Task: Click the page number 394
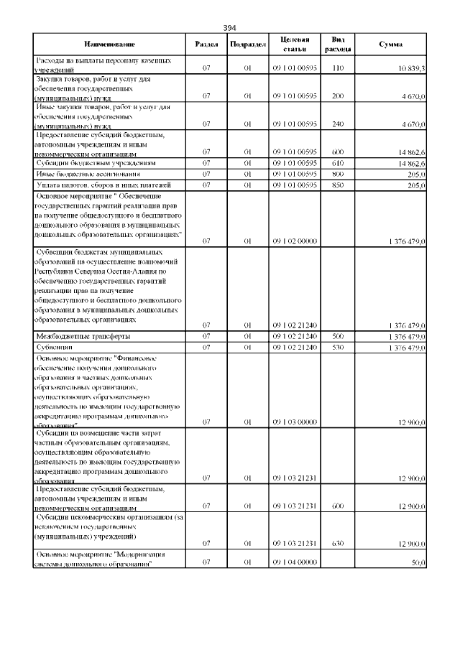pyautogui.click(x=230, y=27)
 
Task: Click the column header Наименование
pyautogui.click(x=109, y=45)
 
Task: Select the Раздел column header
pyautogui.click(x=206, y=45)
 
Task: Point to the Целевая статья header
pyautogui.click(x=295, y=45)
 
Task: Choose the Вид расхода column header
pyautogui.click(x=338, y=45)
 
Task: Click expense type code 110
pyautogui.click(x=338, y=69)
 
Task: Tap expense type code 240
pyautogui.click(x=338, y=124)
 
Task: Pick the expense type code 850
pyautogui.click(x=338, y=185)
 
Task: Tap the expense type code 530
pyautogui.click(x=338, y=348)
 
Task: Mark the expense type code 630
pyautogui.click(x=338, y=543)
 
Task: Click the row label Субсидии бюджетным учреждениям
pyautogui.click(x=91, y=163)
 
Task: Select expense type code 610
pyautogui.click(x=338, y=163)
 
